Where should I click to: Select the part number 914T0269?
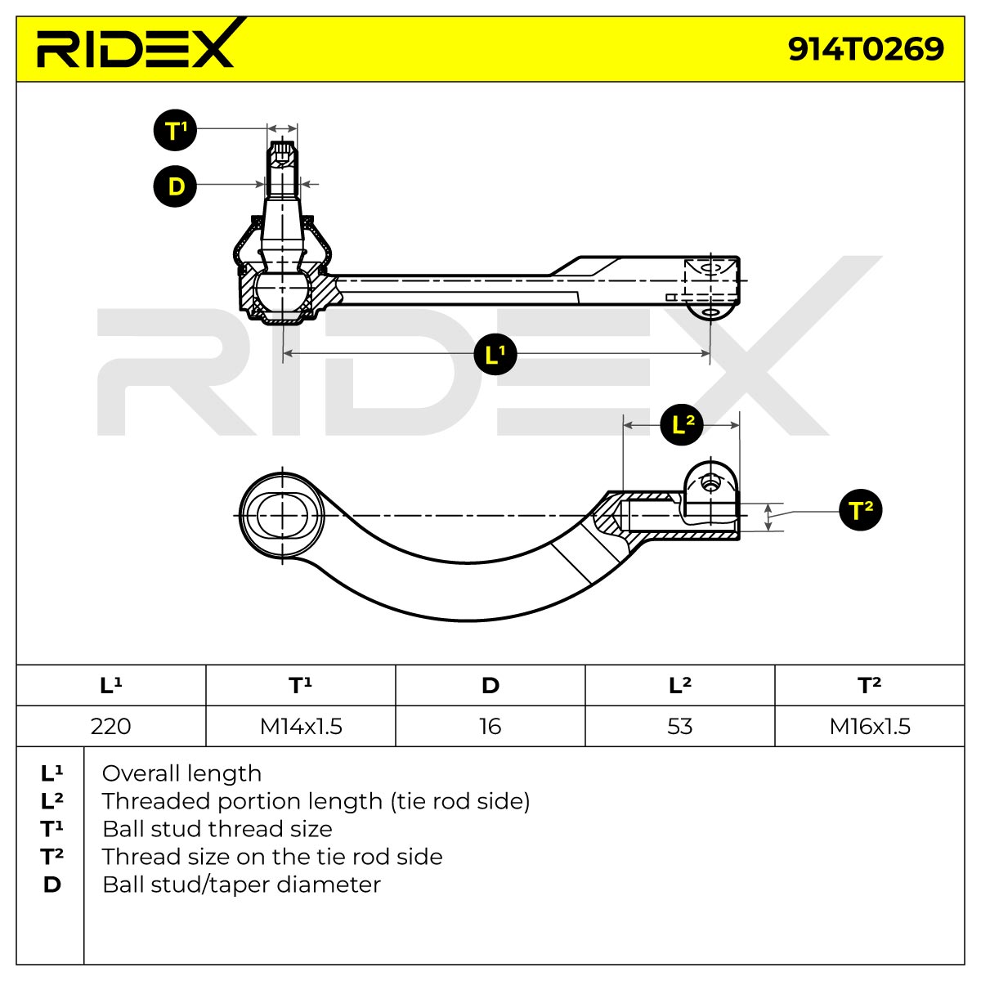tap(866, 49)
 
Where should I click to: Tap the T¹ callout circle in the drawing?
tap(175, 130)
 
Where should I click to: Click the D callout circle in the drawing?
tap(175, 186)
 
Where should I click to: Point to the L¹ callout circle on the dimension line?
tap(495, 354)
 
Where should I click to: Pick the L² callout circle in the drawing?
tap(682, 424)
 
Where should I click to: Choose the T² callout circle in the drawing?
tap(861, 509)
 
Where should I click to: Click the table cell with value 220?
tap(111, 726)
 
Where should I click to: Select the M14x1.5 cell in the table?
tap(301, 726)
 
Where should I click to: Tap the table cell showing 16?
tap(490, 726)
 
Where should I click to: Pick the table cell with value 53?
tap(680, 726)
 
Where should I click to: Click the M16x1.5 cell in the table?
tap(870, 726)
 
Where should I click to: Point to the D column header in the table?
tap(490, 685)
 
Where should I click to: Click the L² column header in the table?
tap(680, 685)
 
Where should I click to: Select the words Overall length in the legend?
tap(181, 774)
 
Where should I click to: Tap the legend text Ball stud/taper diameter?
tap(241, 885)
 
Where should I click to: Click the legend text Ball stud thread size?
tap(217, 829)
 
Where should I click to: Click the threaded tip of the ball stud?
tap(282, 153)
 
